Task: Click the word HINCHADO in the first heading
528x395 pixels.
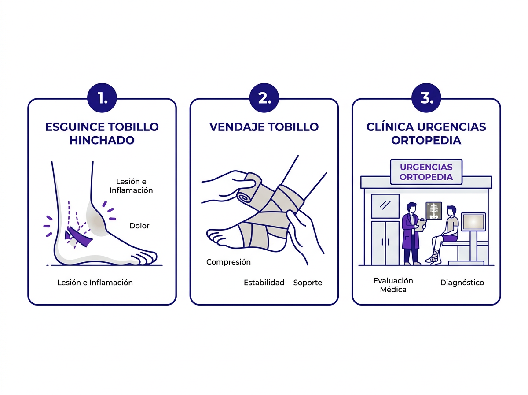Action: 102,140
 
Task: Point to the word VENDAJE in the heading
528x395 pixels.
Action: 237,127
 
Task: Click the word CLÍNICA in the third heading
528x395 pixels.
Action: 389,127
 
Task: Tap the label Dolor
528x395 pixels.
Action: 139,226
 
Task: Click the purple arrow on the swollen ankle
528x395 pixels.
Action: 78,237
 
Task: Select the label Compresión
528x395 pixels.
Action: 228,262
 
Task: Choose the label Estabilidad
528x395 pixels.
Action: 264,283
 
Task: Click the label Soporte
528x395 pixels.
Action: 308,283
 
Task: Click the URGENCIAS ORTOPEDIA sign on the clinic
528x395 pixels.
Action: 426,172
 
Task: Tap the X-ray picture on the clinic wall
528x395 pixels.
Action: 434,211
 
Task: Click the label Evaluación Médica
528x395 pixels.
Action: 393,285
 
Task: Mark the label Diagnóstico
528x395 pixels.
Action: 462,283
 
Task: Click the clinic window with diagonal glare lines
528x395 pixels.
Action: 385,205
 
